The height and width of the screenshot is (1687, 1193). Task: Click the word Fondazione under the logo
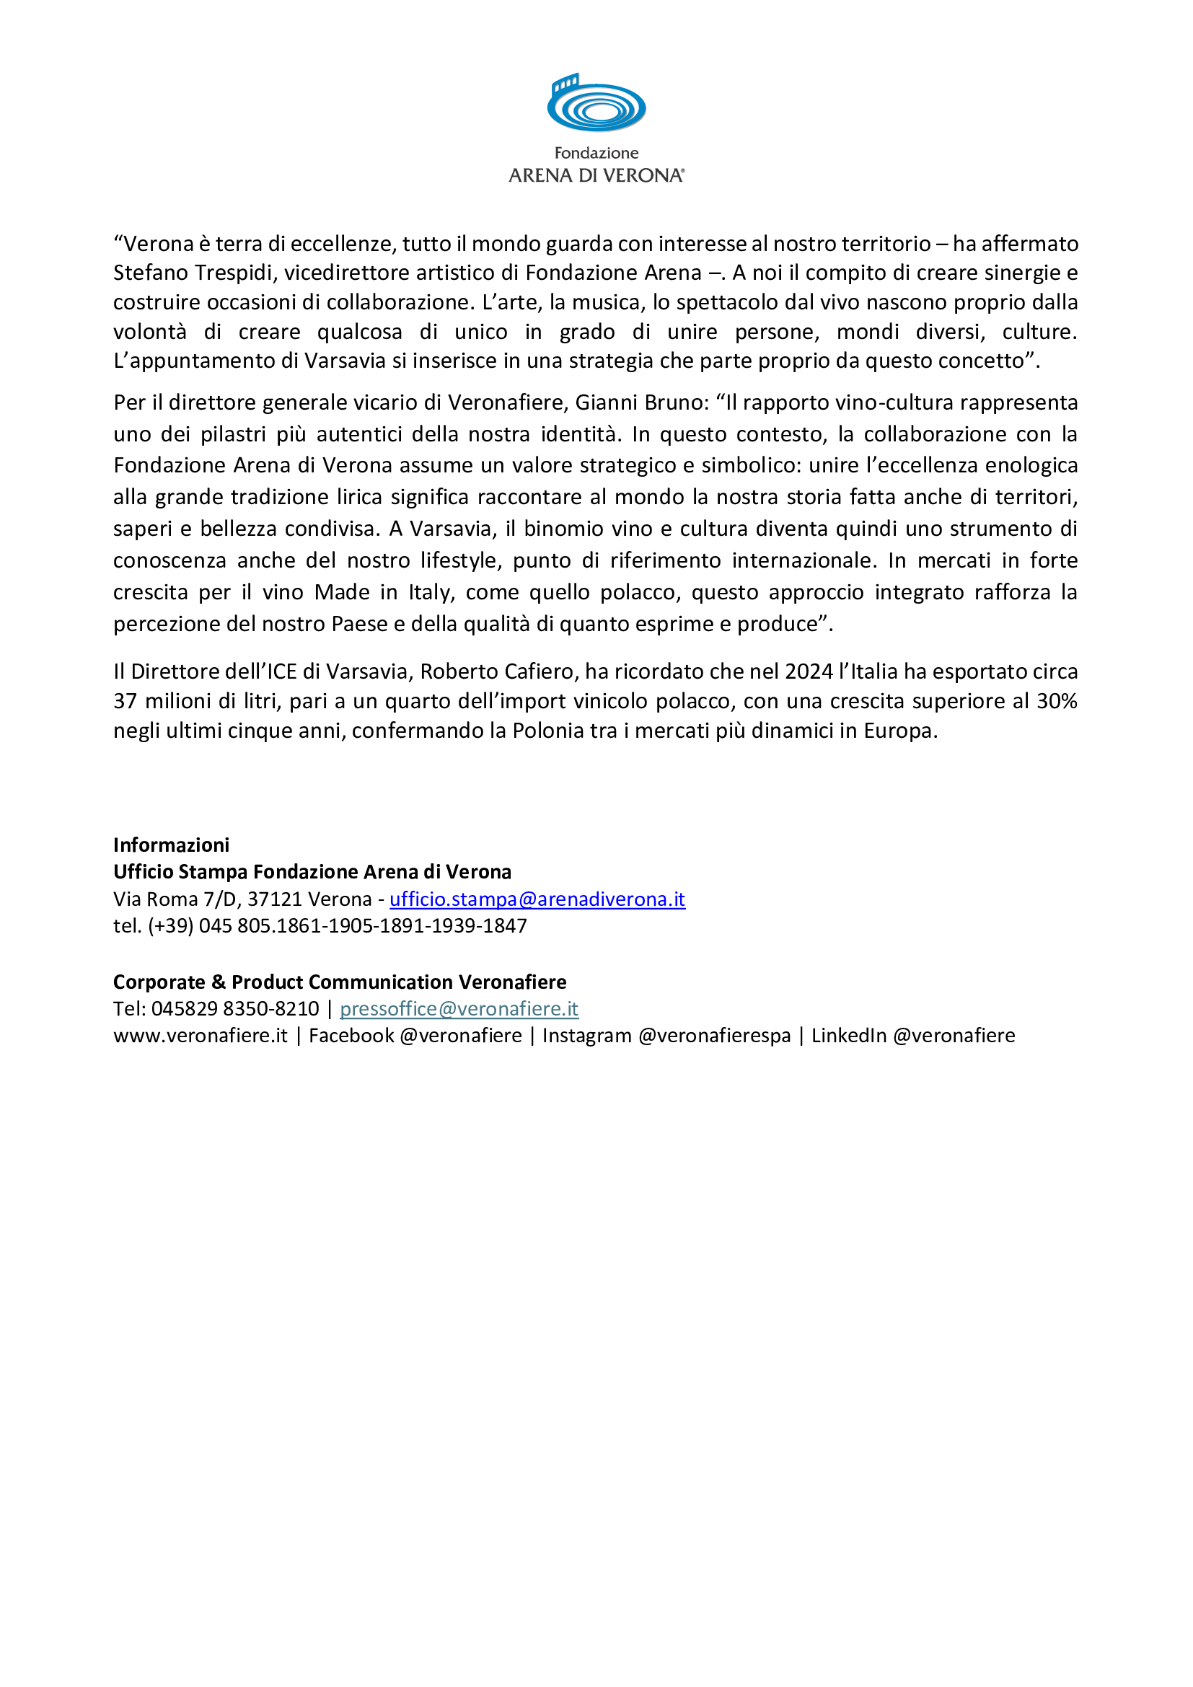[x=596, y=153]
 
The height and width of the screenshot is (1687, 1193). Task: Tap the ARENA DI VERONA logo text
[x=596, y=175]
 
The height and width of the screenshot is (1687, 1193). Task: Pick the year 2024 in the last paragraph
[x=809, y=671]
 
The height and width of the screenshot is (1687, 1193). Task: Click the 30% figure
[x=1057, y=701]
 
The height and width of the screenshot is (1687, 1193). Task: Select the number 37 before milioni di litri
[x=125, y=701]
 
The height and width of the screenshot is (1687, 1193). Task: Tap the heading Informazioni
[x=171, y=845]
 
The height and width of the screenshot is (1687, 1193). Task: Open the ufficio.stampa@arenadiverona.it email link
[x=537, y=899]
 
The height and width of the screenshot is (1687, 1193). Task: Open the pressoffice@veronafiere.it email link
[x=459, y=1009]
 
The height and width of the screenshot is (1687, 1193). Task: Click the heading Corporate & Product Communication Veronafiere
[x=340, y=982]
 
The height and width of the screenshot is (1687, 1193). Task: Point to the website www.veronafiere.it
[x=200, y=1036]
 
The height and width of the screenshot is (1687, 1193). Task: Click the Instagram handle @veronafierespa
[x=715, y=1036]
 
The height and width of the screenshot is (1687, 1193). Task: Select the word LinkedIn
[x=848, y=1036]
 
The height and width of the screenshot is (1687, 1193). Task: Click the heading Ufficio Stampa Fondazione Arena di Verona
[x=312, y=872]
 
